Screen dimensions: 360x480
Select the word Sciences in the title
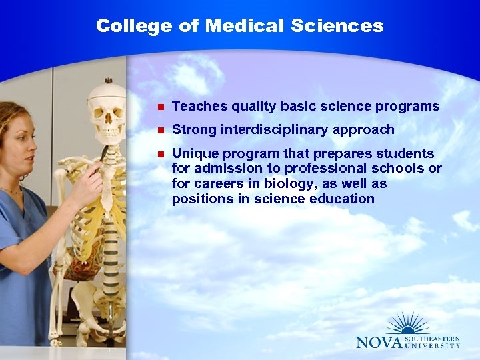pos(338,26)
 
